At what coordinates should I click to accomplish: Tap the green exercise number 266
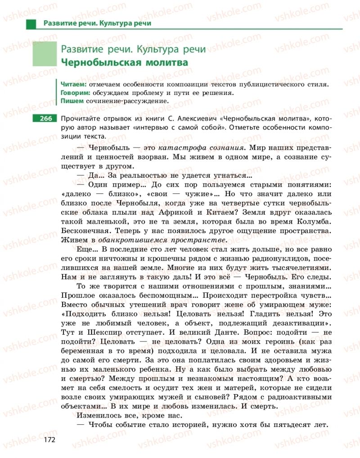(44, 119)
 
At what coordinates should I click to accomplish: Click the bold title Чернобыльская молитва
(124, 63)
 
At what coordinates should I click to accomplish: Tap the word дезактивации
(290, 321)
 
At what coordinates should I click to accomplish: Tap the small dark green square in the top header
(31, 23)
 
